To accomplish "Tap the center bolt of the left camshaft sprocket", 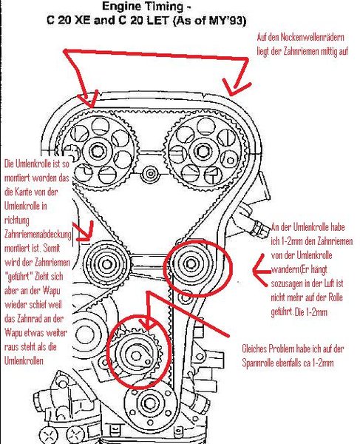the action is coord(98,152).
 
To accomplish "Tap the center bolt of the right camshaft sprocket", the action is coord(203,152).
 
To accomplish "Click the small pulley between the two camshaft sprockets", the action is coord(151,173).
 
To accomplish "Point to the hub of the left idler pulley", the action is coord(106,264).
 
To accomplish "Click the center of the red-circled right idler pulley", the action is coord(190,264).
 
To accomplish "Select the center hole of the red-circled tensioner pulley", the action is coord(136,356).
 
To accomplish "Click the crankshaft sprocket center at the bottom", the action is coord(149,403).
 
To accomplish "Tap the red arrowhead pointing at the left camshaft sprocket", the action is coord(89,100).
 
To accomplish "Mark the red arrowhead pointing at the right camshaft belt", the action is coord(235,88).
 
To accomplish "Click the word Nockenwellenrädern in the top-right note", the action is coord(313,37).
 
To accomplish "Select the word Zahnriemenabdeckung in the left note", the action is coord(38,235).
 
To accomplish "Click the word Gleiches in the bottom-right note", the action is coord(254,349).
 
